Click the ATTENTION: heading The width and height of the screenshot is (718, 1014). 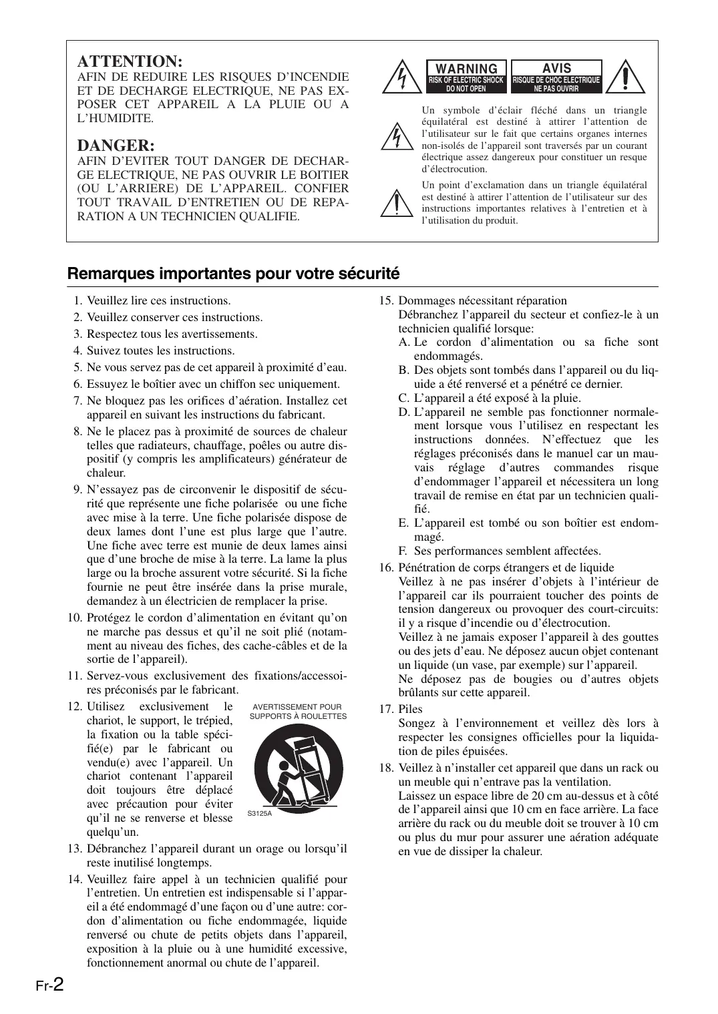coord(130,61)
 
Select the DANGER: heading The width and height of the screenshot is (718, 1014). coord(116,145)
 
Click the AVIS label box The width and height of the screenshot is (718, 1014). coord(556,76)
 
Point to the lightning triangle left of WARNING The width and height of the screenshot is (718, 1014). coord(401,77)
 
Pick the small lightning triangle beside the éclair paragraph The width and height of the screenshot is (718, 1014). coord(396,137)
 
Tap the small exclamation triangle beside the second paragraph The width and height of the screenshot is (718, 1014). coord(396,202)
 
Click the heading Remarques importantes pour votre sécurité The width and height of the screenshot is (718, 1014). coord(233,273)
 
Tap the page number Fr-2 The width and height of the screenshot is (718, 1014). coord(49,985)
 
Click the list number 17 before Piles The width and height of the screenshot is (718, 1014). coord(386,709)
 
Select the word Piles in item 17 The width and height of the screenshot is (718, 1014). coord(410,709)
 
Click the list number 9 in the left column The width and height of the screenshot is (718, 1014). coord(77,489)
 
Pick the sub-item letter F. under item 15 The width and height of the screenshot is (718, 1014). coord(403,551)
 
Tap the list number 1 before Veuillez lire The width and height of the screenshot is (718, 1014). coord(78,300)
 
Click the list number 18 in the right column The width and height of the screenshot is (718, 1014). coord(386,768)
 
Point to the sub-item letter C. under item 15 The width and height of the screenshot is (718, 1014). coord(403,398)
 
